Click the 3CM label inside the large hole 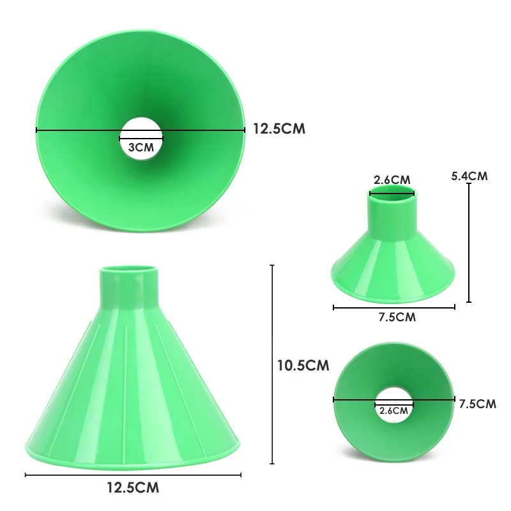click(141, 148)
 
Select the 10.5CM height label click(303, 365)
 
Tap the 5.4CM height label click(469, 176)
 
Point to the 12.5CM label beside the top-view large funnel click(279, 129)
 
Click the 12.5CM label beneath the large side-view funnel click(133, 487)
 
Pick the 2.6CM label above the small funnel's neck click(392, 180)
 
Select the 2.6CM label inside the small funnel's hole click(393, 411)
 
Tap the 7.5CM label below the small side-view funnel click(397, 317)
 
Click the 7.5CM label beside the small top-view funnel click(477, 404)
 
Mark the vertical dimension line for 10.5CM click(272, 364)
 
